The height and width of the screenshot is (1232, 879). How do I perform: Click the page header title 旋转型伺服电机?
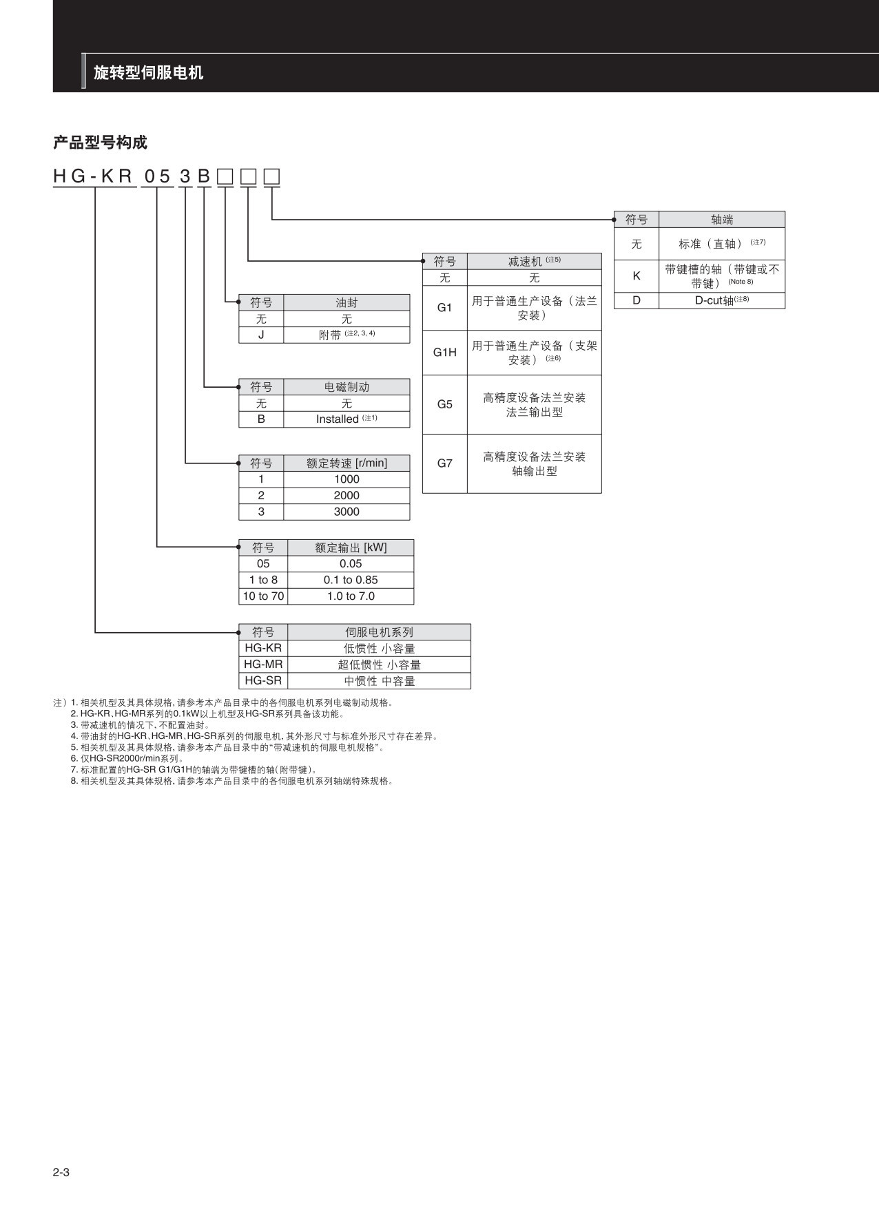(x=148, y=73)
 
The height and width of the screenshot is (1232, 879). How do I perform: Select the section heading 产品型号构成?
(x=101, y=143)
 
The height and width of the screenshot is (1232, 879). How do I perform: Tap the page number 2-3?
(x=61, y=1172)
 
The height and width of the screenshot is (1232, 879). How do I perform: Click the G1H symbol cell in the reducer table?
(x=444, y=353)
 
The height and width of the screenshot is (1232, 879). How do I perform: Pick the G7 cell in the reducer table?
(x=444, y=463)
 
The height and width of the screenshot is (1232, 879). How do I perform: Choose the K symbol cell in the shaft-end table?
(x=636, y=276)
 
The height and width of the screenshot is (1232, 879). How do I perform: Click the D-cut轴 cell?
(x=721, y=301)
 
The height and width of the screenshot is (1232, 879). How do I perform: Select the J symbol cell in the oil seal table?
(x=261, y=335)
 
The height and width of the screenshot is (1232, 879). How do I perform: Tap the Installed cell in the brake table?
(x=346, y=419)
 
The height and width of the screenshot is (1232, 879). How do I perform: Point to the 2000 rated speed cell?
(x=347, y=496)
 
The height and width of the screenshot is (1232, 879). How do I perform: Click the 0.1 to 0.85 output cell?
(x=351, y=581)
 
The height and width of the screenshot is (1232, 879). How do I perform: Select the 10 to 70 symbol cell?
(x=263, y=596)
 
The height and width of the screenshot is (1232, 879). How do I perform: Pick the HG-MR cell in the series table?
(x=263, y=665)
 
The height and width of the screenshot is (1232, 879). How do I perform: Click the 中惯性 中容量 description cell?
(x=379, y=681)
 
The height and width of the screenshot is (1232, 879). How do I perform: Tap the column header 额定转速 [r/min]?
(x=347, y=463)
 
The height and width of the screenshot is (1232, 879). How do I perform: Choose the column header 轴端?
(x=721, y=220)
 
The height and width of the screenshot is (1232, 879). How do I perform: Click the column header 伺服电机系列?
(x=379, y=632)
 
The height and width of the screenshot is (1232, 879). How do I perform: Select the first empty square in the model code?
(x=225, y=178)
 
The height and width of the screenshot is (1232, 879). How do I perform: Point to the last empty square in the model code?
(x=272, y=178)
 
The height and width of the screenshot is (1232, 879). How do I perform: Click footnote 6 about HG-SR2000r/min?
(x=127, y=759)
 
